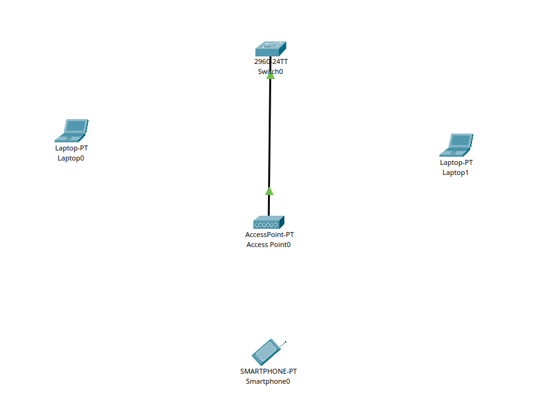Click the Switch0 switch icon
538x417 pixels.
pos(271,48)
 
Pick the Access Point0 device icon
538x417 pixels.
pos(269,222)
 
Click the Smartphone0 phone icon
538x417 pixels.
pos(267,352)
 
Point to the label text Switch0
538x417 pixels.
pos(271,71)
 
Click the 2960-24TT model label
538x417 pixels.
pos(271,61)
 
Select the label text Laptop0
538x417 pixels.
pos(71,159)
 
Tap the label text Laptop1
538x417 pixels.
pos(456,172)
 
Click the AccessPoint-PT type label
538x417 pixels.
pos(269,235)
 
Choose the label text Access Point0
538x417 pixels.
pos(269,245)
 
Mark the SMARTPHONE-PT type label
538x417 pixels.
pos(268,371)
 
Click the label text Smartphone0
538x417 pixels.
pos(268,381)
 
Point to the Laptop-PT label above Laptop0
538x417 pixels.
pos(71,149)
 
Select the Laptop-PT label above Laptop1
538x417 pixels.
pos(456,162)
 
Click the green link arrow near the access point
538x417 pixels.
pos(269,191)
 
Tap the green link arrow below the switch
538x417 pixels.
pos(271,75)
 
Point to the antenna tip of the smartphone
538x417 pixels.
pos(285,342)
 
